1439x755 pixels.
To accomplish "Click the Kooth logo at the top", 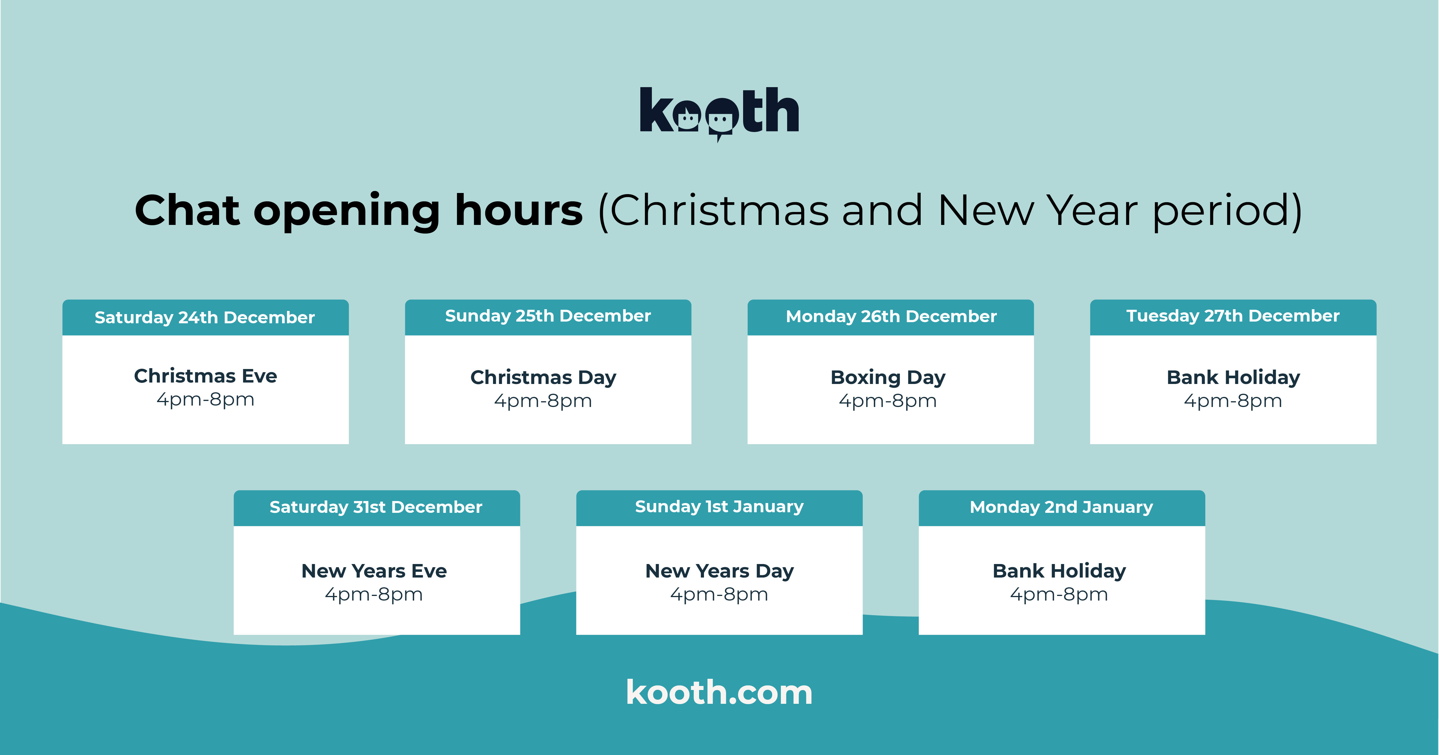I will (719, 112).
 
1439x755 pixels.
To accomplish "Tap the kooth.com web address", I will (719, 693).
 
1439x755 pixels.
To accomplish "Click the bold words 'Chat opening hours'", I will (359, 211).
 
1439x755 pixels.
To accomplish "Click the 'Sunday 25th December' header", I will (547, 316).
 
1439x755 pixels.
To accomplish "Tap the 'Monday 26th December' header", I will (891, 317).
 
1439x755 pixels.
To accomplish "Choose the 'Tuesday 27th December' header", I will (1233, 316).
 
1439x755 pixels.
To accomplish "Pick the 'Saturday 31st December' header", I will (376, 507).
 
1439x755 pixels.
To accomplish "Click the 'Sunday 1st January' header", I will (719, 506).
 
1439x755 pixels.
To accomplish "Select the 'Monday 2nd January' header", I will (1061, 507).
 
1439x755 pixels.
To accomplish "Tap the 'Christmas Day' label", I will (543, 377).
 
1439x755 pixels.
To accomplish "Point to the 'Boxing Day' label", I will (888, 377).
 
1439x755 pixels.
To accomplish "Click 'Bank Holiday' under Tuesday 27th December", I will (1233, 377).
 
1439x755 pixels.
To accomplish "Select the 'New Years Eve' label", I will (374, 571).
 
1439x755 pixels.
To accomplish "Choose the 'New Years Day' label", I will (719, 571).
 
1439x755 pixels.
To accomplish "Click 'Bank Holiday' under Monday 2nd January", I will (1059, 571).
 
